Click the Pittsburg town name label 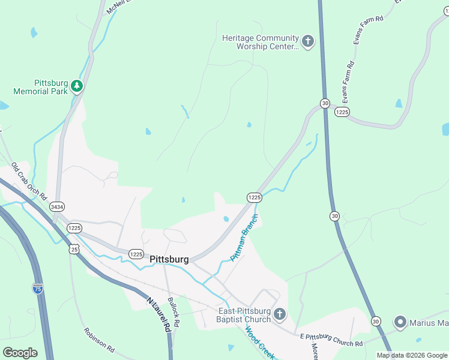coord(169,260)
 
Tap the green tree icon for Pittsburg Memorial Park coord(76,86)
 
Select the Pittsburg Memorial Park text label coord(40,87)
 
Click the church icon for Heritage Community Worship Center coord(307,41)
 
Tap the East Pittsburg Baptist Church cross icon coord(280,314)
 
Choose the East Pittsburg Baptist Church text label coord(244,315)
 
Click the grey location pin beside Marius coord(400,323)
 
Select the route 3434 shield coord(57,206)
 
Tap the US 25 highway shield coord(74,248)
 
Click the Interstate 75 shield coord(37,289)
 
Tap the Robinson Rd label coord(100,339)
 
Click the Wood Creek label coord(260,343)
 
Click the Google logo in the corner coord(20,353)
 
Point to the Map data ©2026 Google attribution coord(411,355)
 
